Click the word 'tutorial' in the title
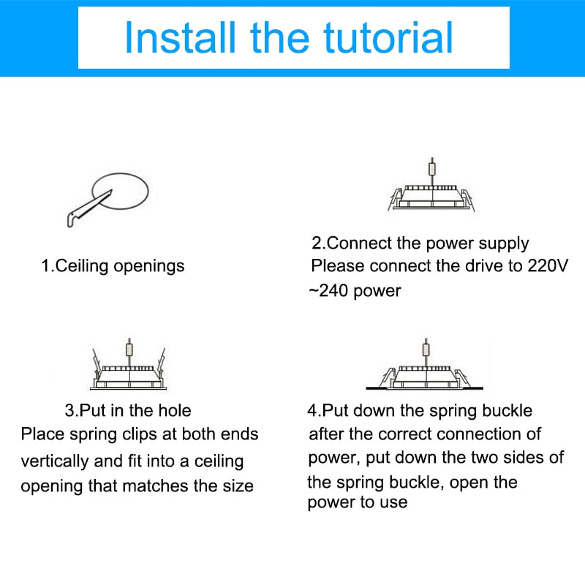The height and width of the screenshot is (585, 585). coord(388,38)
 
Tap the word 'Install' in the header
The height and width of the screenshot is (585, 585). coord(180,38)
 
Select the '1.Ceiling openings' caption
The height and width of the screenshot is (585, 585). coord(113,266)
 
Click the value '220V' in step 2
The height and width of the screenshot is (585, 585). coord(548,265)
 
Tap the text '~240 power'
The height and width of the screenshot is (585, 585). coord(355,291)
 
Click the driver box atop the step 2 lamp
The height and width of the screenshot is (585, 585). coord(432,169)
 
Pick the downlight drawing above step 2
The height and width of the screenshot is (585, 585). coord(431,184)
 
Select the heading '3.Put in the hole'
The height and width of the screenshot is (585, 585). coord(128,411)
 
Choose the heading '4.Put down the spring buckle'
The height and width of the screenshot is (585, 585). coord(420,411)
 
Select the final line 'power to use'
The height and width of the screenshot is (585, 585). coord(358,502)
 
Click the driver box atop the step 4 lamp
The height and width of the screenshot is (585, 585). coord(426,350)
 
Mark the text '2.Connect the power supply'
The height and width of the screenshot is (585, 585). coord(420,244)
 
